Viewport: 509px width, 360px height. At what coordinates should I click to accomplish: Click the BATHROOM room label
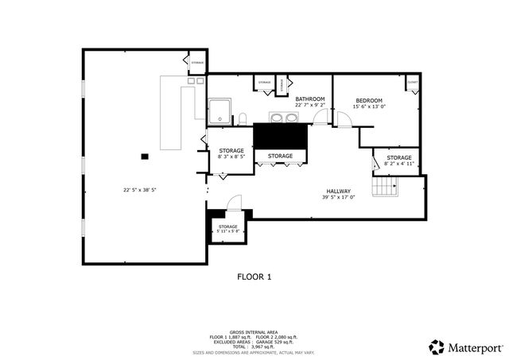tap(309, 99)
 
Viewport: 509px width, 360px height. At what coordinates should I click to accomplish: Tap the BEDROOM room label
tap(368, 101)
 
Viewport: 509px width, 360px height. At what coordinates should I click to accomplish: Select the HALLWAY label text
tap(338, 192)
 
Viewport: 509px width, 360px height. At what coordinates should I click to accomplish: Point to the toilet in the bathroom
tap(242, 119)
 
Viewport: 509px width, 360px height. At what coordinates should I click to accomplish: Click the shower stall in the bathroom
tap(219, 112)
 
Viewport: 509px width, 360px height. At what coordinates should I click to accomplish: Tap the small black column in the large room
tap(145, 157)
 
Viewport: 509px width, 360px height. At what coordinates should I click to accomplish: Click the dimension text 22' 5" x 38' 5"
tap(139, 189)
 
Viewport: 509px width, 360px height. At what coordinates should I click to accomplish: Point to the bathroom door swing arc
tap(320, 118)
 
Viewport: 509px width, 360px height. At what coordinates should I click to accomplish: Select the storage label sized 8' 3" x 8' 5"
tap(231, 151)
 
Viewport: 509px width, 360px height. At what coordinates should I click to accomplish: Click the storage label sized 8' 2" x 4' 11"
tap(399, 158)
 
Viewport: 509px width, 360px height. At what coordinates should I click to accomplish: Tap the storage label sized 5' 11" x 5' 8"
tap(228, 227)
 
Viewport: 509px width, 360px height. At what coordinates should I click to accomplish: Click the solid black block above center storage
tap(280, 136)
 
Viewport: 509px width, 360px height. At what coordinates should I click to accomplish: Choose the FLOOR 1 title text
tap(254, 277)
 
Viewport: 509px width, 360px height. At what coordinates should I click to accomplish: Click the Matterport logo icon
tap(437, 346)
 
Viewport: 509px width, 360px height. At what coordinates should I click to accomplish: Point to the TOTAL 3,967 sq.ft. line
tap(254, 346)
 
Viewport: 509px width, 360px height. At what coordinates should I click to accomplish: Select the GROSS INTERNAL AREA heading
tap(254, 332)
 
